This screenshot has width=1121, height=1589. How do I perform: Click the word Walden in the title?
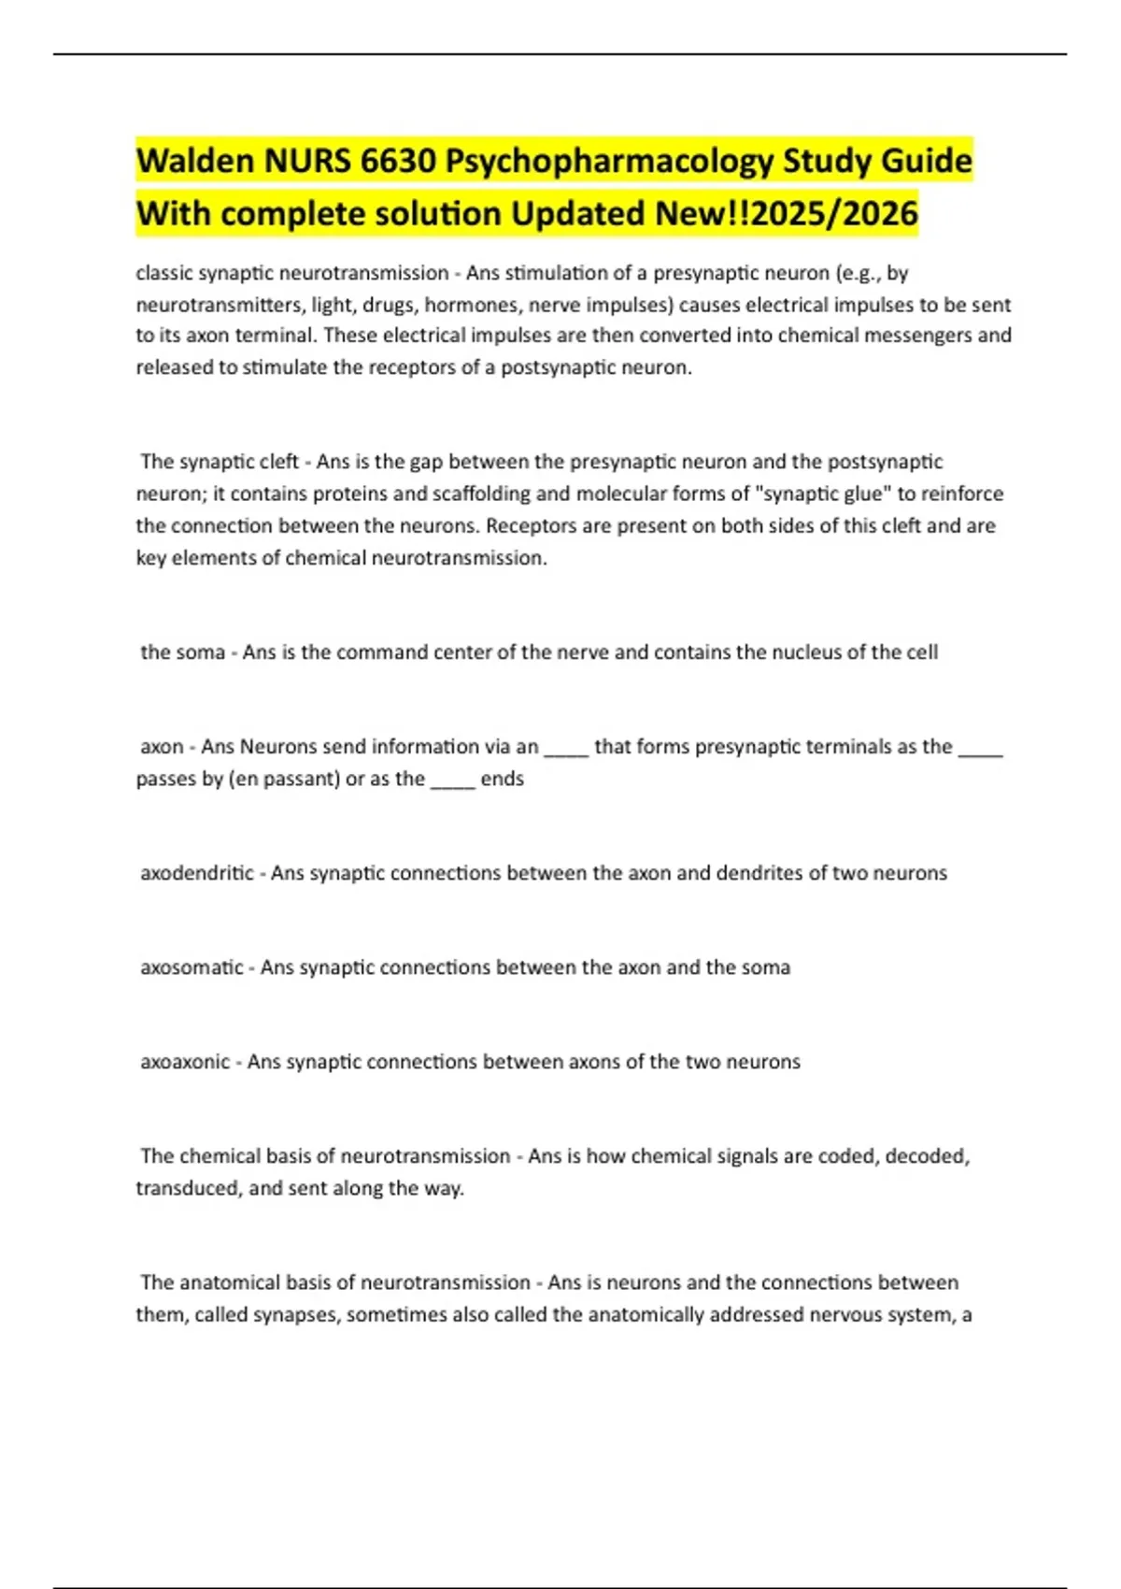tap(195, 161)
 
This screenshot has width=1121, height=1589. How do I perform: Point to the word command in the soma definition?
tap(372, 651)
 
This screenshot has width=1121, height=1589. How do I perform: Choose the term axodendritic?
tap(196, 873)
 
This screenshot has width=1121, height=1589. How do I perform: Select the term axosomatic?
tap(192, 967)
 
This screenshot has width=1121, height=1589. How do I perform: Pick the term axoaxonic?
tap(185, 1062)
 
